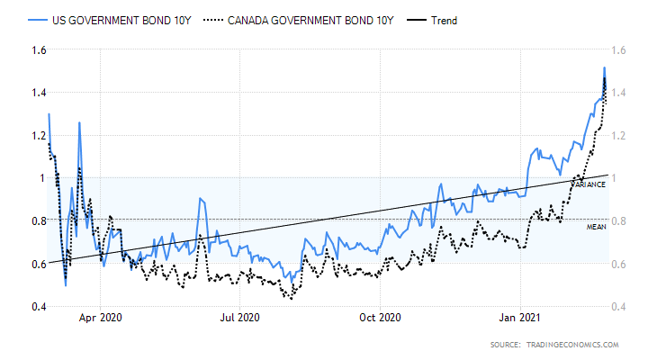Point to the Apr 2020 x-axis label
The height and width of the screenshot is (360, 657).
100,318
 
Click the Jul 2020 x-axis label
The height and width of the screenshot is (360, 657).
239,318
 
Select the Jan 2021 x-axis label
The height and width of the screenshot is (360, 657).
520,318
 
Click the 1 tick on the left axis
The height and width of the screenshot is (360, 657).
40,178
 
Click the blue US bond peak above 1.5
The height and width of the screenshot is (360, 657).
604,67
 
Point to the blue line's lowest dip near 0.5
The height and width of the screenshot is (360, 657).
66,285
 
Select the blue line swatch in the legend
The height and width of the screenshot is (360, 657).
37,19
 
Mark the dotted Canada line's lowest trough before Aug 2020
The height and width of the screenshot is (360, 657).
290,298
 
